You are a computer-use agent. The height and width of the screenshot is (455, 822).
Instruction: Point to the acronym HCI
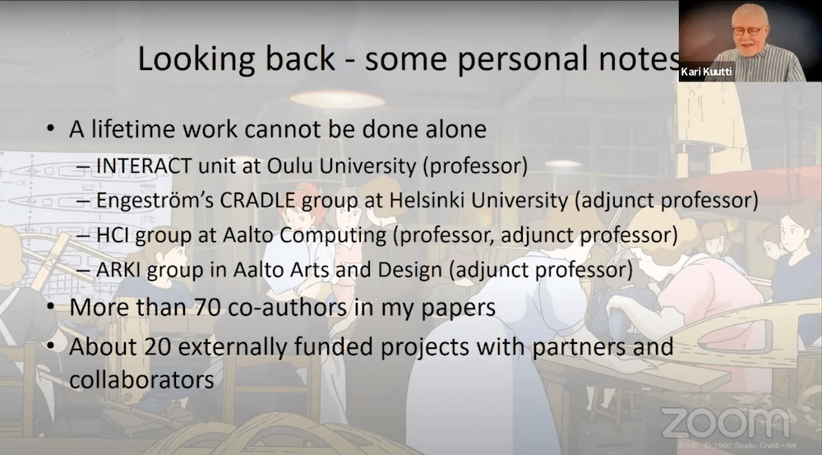[113, 235]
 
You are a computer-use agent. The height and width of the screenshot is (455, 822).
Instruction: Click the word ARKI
[118, 270]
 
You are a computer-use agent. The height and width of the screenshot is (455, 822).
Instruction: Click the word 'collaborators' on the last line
[141, 380]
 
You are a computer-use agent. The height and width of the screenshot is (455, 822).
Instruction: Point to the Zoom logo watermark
[726, 422]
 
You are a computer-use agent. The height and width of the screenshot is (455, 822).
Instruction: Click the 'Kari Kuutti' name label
[706, 72]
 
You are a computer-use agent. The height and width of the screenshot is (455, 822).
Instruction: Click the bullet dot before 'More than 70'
[50, 306]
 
